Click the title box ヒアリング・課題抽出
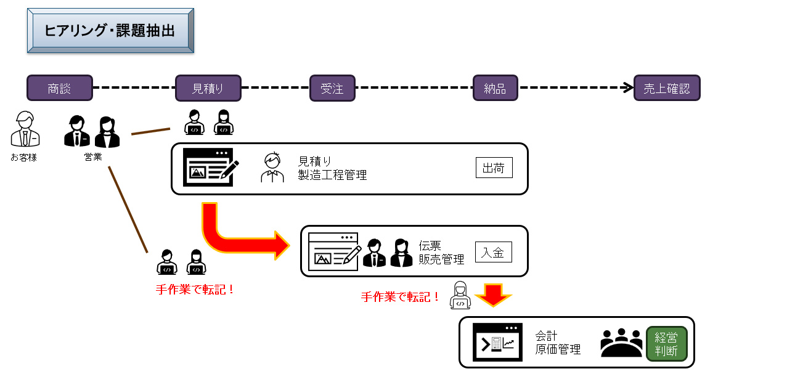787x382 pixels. tap(110, 30)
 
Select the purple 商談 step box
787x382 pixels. tap(60, 88)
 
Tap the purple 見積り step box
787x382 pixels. tap(208, 88)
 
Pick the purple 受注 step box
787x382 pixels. tap(332, 88)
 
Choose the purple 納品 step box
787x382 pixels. tap(495, 88)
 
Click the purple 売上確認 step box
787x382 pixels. tap(667, 88)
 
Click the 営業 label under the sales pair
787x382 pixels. tap(93, 157)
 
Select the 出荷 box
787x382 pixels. tap(494, 168)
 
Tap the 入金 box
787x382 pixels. tap(493, 251)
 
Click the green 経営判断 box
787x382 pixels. tap(666, 343)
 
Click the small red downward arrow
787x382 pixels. tap(493, 295)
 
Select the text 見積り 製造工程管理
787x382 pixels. tap(332, 168)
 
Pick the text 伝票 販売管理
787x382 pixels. tap(441, 253)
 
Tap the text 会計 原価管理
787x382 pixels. tap(558, 343)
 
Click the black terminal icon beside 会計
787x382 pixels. tap(497, 343)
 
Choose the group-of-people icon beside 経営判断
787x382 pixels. tap(621, 343)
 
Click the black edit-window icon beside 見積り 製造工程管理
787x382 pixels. tap(210, 168)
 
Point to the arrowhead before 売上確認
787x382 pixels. tap(629, 87)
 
